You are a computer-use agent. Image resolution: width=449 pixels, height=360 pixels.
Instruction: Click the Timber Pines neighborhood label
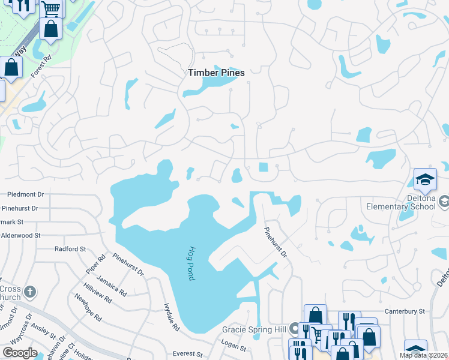[216, 73]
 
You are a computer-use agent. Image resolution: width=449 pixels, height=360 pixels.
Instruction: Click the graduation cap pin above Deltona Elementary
[425, 179]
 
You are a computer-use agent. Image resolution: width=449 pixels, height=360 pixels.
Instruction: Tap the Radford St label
[70, 248]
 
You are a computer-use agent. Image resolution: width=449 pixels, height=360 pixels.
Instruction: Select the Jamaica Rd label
[114, 285]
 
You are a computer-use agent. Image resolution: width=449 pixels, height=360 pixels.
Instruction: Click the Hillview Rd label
[98, 292]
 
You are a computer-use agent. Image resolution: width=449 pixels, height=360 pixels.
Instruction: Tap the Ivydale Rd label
[170, 317]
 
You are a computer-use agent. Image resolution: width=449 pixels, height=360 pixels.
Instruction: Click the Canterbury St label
[405, 311]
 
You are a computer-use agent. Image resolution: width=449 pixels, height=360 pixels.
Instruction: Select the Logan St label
[234, 347]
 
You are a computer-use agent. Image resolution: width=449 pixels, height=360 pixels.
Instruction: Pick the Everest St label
[185, 354]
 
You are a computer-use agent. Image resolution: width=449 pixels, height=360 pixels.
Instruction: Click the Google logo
[20, 352]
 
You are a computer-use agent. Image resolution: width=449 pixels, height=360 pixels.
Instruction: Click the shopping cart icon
[52, 8]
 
